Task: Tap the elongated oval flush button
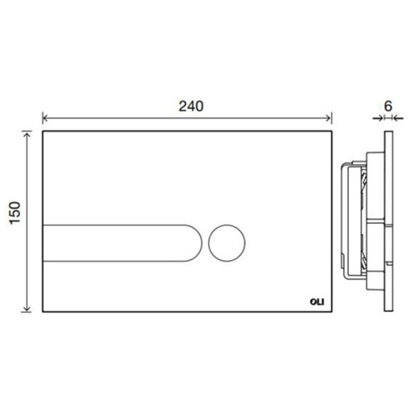[120, 242]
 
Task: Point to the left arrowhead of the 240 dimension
[46, 116]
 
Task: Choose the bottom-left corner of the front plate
[42, 313]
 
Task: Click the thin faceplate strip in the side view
[388, 220]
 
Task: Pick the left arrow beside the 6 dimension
[379, 116]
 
